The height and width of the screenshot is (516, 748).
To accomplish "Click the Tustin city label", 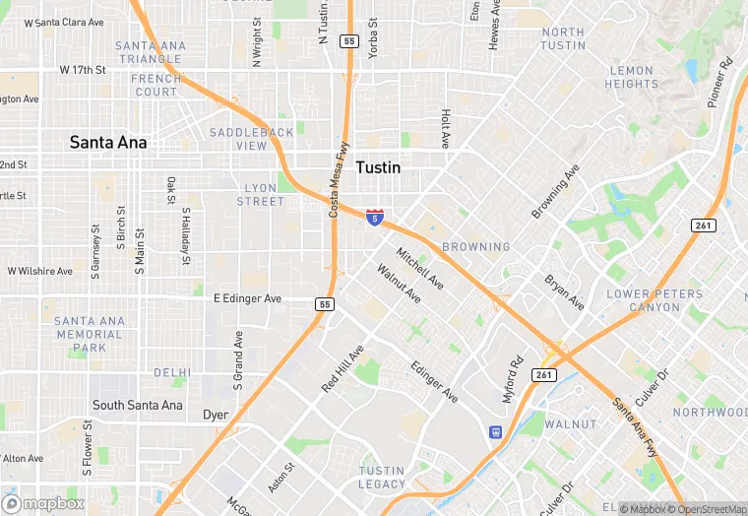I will click(x=378, y=167).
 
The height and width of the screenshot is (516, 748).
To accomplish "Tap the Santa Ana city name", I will click(x=108, y=143).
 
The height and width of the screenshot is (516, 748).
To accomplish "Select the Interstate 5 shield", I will click(x=374, y=217).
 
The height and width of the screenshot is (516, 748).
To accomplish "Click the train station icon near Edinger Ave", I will click(x=495, y=431).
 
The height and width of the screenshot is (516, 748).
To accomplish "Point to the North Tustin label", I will click(x=563, y=38).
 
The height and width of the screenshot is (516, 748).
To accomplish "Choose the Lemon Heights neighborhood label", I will click(x=631, y=77).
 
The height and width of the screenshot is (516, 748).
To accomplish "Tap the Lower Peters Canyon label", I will click(x=655, y=300).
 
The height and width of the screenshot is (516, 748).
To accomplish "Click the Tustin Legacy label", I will click(x=382, y=478).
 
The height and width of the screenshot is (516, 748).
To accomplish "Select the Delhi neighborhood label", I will click(x=172, y=373).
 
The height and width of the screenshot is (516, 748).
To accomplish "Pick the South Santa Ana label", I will click(x=138, y=405).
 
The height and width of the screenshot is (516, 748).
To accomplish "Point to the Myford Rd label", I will click(x=513, y=377).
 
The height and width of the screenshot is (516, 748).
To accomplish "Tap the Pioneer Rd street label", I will click(x=720, y=84).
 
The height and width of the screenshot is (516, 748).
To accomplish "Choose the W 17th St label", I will click(x=82, y=70).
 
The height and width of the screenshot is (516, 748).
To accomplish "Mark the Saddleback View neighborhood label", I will click(x=251, y=139).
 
